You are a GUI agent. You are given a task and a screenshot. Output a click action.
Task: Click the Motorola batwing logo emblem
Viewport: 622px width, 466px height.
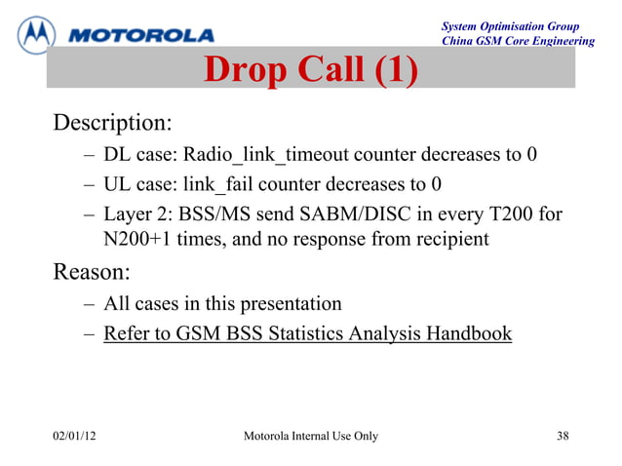pos(37,34)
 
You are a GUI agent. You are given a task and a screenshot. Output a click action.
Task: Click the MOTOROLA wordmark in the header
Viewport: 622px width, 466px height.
pos(142,36)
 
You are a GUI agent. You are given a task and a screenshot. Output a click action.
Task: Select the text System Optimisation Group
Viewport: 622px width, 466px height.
pos(510,26)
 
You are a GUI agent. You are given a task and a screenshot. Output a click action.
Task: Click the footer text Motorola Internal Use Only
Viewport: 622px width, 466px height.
pos(310,436)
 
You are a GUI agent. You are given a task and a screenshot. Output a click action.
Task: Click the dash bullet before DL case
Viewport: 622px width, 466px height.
pos(89,156)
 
